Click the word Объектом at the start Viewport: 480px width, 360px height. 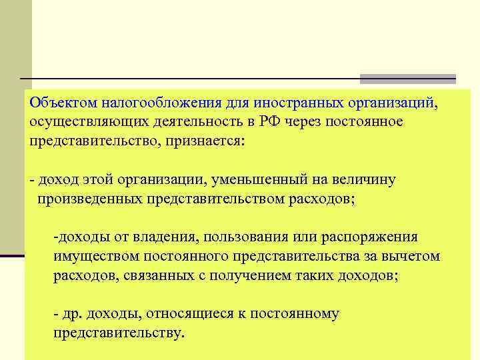[x=63, y=103]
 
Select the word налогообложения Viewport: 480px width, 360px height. [x=158, y=103]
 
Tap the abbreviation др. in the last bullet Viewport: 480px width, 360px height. [x=73, y=314]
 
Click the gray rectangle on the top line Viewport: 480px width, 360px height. [x=407, y=79]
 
